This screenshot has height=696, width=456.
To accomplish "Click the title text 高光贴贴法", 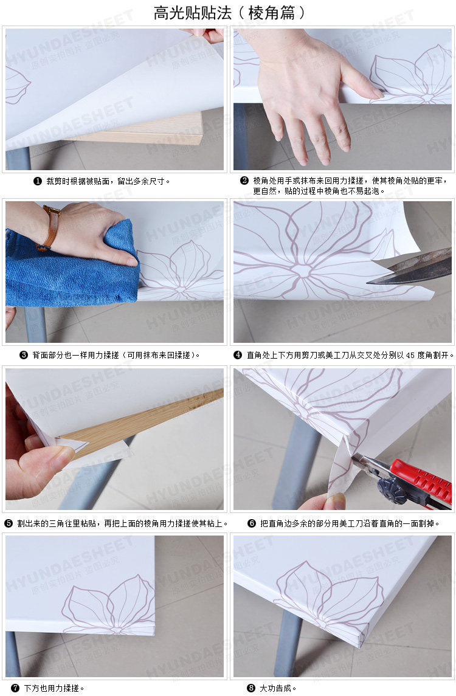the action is click(193, 13).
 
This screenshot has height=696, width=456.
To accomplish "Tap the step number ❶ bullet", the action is click(38, 182).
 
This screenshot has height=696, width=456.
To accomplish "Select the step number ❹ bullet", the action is click(238, 355).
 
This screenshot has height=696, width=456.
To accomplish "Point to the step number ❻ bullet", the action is click(252, 524).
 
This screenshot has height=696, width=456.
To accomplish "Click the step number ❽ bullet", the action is click(251, 688).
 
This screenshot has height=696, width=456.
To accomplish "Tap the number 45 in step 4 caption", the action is click(410, 355).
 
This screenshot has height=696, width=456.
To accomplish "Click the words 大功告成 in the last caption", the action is click(275, 688).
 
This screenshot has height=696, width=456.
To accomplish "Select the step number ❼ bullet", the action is click(16, 688).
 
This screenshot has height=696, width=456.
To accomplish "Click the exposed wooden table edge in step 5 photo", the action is click(142, 422).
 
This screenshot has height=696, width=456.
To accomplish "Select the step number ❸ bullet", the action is click(24, 355).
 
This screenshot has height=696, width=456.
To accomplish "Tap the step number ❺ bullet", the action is click(9, 524).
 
